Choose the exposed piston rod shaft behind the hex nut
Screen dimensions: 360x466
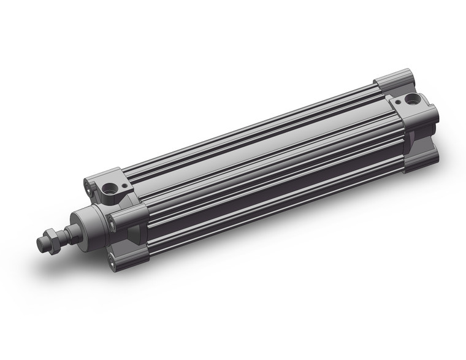69,231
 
